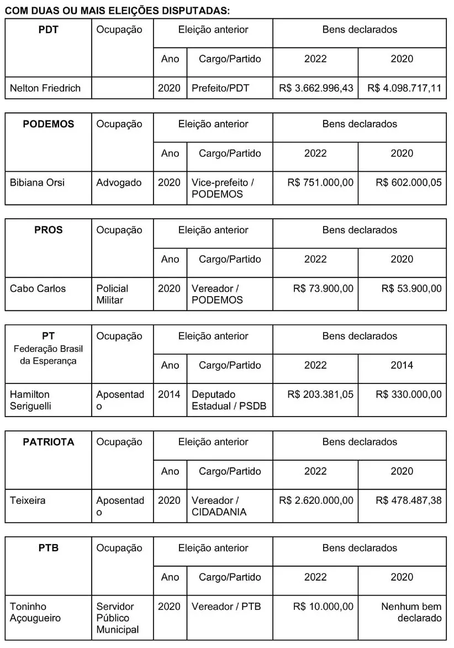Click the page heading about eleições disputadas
(117, 10)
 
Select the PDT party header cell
(48, 30)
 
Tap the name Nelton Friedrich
(45, 88)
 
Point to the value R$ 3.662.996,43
(316, 88)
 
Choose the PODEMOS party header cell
(48, 124)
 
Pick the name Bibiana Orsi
(37, 182)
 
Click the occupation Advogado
(119, 182)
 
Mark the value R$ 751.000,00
(320, 182)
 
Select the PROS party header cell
(48, 230)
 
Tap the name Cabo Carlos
(38, 288)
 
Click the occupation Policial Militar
(112, 294)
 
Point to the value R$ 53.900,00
(411, 288)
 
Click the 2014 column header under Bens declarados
(402, 365)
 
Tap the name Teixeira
(28, 501)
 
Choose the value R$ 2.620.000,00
(316, 501)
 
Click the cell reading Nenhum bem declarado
(411, 612)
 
